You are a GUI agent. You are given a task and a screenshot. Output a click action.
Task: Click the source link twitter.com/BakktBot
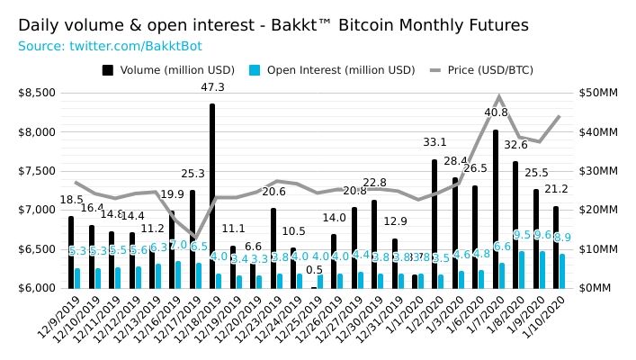click(x=88, y=45)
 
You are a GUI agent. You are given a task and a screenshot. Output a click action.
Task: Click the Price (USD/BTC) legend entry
click(x=487, y=69)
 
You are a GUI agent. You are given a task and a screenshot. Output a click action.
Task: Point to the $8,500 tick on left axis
click(x=36, y=93)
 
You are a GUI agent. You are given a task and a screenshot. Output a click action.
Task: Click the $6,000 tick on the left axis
click(x=36, y=288)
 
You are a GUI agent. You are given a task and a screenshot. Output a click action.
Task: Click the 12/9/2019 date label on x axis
click(x=56, y=319)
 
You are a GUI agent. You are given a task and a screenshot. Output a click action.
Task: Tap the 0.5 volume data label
click(x=314, y=270)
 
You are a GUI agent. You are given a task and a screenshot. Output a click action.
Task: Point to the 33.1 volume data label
click(x=435, y=142)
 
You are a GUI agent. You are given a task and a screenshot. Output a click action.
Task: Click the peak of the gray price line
click(x=498, y=97)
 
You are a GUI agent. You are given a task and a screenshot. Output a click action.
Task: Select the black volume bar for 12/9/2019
click(x=71, y=252)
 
